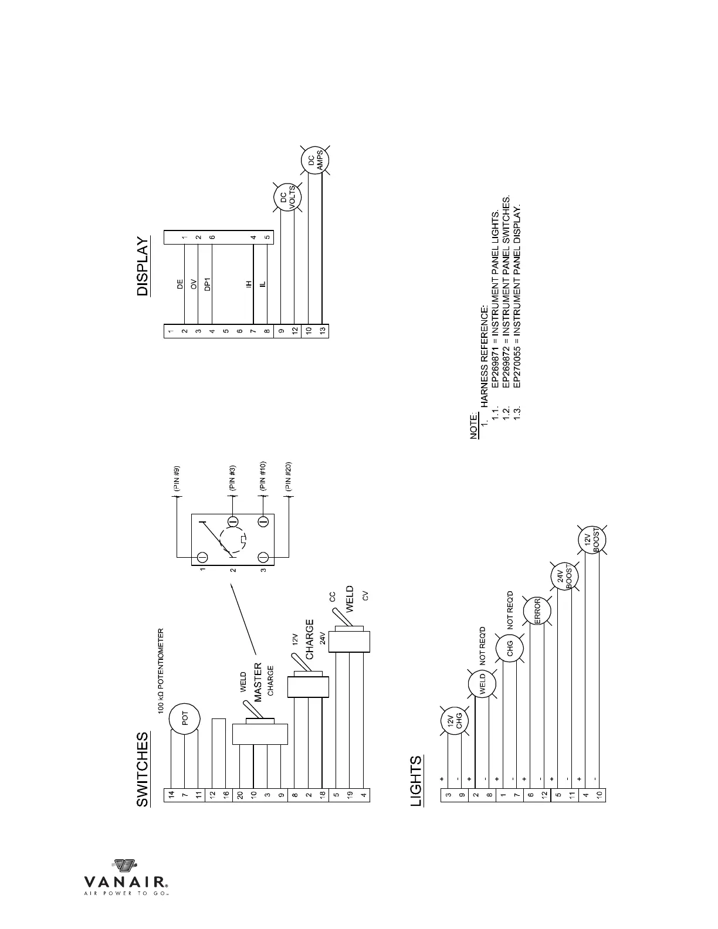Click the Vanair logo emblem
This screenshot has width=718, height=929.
point(124,866)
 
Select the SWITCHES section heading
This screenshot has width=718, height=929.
point(143,769)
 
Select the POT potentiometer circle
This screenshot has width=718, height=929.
point(184,719)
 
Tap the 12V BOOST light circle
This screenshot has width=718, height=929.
point(592,539)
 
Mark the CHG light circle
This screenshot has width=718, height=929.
point(510,648)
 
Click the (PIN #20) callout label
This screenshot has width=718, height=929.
point(287,476)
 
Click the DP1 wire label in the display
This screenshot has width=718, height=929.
point(207,284)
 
